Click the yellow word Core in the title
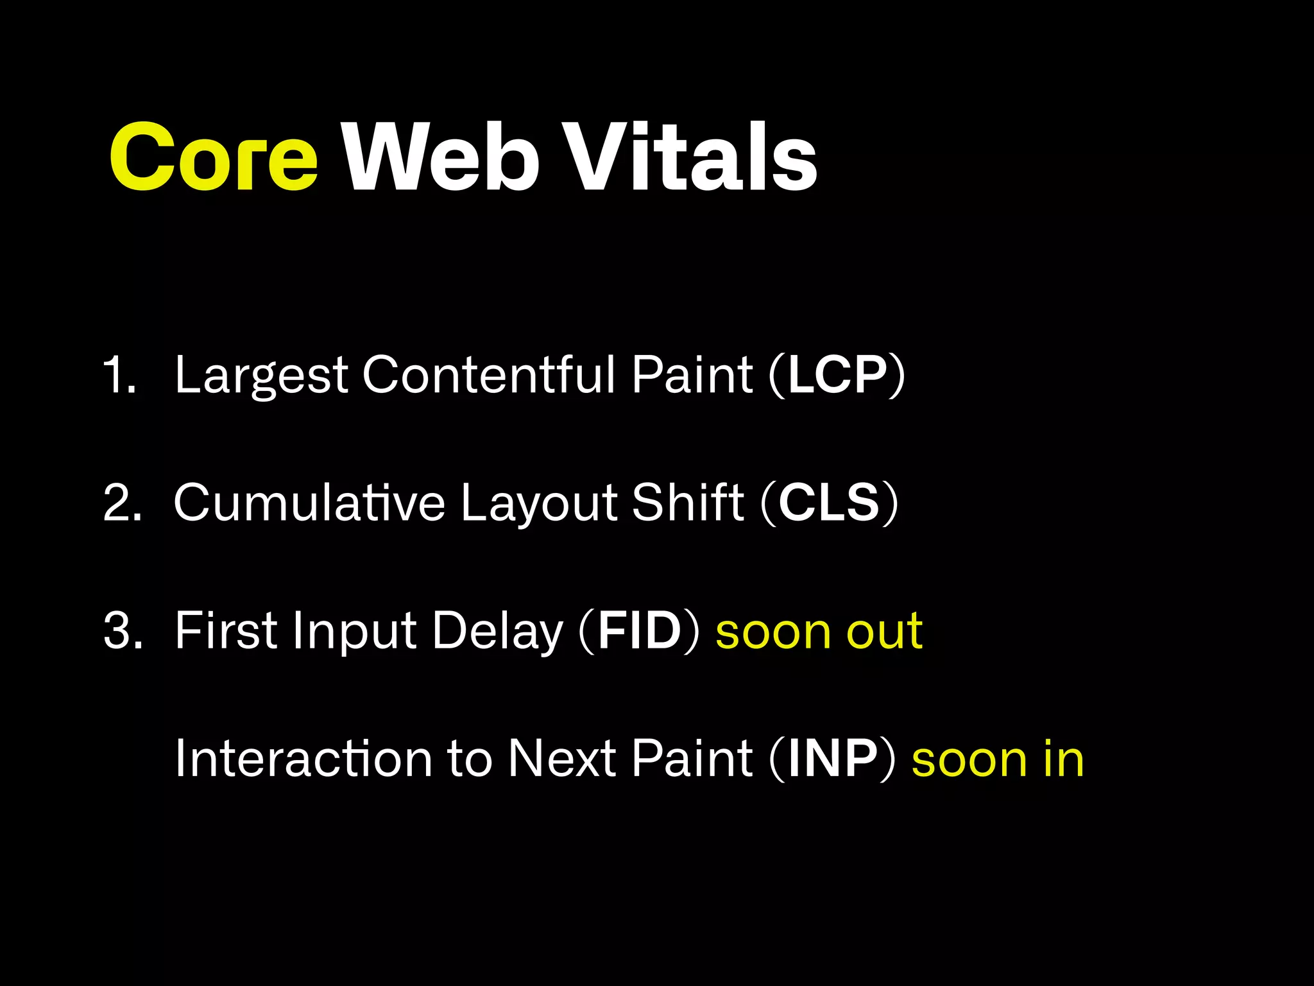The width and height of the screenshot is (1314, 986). click(x=214, y=158)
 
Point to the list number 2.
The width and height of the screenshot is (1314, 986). click(x=122, y=503)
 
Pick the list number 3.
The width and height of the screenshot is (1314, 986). click(x=123, y=631)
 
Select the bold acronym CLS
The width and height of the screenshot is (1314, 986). click(x=829, y=503)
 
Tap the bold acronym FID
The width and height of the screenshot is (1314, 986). click(x=639, y=631)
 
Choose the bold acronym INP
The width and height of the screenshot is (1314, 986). click(x=833, y=759)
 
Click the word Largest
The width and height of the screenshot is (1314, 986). click(x=261, y=376)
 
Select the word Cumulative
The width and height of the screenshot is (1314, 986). click(x=309, y=503)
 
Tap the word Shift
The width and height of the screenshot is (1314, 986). click(x=687, y=503)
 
